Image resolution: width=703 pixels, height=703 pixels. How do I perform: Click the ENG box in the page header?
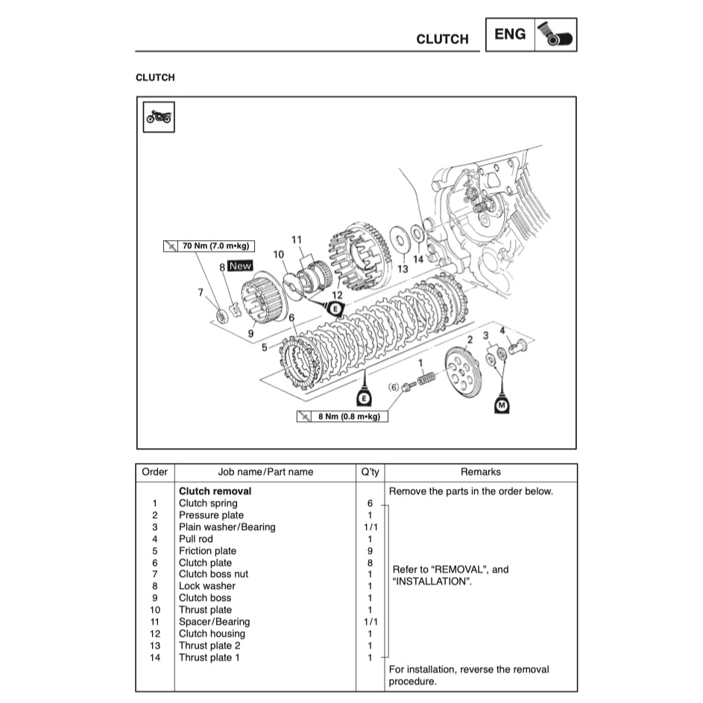point(510,34)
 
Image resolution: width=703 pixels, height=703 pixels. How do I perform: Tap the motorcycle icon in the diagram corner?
point(158,117)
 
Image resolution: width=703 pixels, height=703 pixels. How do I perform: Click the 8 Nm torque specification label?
point(341,416)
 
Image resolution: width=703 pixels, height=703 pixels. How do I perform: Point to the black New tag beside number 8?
point(240,266)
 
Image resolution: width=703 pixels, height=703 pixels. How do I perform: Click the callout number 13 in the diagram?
point(403,269)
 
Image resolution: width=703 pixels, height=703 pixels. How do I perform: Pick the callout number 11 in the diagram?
point(297,240)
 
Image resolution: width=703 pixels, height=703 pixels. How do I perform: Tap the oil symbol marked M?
point(502,404)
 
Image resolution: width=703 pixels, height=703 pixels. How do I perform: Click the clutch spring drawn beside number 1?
point(426,379)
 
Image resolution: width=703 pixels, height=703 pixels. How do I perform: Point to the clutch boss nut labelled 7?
point(221,316)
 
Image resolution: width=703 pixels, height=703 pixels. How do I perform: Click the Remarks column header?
point(481,472)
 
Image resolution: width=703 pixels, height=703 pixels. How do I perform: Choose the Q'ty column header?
point(370,472)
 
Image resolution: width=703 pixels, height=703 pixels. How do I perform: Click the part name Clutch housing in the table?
point(212,634)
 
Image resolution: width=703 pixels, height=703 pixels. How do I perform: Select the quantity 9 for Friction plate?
point(370,551)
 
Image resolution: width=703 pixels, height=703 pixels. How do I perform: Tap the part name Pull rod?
point(195,539)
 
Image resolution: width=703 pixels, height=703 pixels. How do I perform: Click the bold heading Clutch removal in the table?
point(215,491)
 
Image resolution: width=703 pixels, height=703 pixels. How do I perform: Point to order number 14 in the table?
point(154,658)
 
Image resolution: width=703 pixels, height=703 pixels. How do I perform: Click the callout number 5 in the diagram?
point(265,347)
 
